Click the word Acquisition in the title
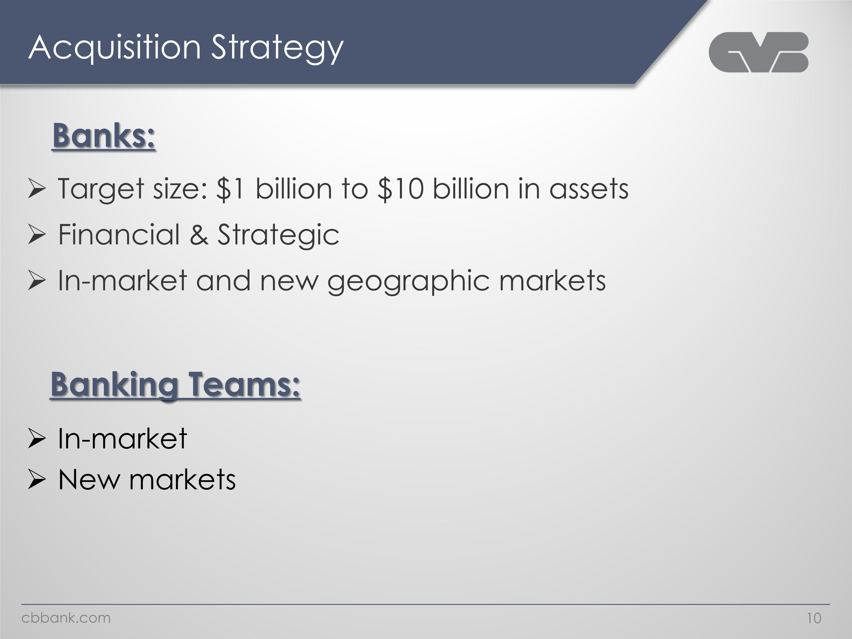tap(115, 48)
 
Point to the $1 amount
tap(230, 189)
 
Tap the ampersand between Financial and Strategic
tap(199, 235)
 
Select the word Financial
tap(119, 235)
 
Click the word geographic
tap(408, 281)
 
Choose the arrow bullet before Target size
tap(37, 189)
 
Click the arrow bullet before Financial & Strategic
tap(37, 235)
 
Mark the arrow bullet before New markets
tap(37, 480)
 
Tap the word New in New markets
tap(89, 480)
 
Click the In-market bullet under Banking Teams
tap(122, 439)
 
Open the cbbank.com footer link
tap(66, 618)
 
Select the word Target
tap(101, 189)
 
